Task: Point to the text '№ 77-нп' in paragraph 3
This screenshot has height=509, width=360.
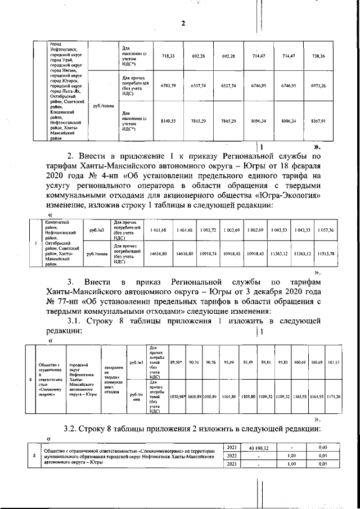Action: [x=62, y=301]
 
